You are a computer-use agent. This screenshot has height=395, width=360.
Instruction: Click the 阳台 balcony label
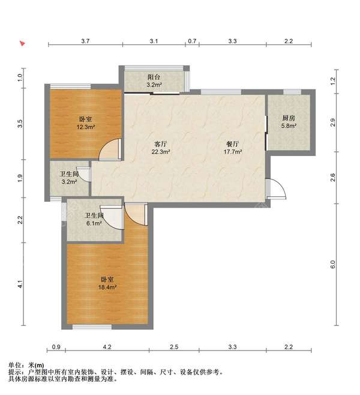coord(154,77)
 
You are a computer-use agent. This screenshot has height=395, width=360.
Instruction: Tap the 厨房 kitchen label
coord(289,118)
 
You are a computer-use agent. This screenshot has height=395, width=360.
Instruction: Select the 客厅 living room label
coord(161,144)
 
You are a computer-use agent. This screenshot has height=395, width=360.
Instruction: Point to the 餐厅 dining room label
coord(233,144)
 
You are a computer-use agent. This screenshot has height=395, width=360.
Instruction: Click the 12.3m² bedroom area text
coord(86,127)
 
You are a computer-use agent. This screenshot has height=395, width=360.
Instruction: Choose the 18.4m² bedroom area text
coord(107,287)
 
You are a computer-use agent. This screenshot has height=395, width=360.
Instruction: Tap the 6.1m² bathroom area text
coord(94,223)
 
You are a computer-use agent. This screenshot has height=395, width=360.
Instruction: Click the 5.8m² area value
coord(289,126)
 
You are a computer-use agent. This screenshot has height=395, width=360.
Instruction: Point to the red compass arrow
coord(23,43)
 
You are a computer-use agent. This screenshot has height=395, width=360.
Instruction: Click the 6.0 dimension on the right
coord(333,265)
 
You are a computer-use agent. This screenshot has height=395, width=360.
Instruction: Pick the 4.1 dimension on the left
coord(20,284)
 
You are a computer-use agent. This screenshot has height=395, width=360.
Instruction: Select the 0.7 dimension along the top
coord(192,41)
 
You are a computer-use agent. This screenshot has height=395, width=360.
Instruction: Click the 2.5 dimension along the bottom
coord(174,347)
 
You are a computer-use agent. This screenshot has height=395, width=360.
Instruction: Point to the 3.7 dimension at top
coord(85,41)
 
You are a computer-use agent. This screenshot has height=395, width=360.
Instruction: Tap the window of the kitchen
coord(292,92)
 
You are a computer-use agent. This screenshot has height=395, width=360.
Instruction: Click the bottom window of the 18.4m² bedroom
coord(92,327)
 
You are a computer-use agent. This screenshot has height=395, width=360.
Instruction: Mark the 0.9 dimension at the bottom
coord(56,347)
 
